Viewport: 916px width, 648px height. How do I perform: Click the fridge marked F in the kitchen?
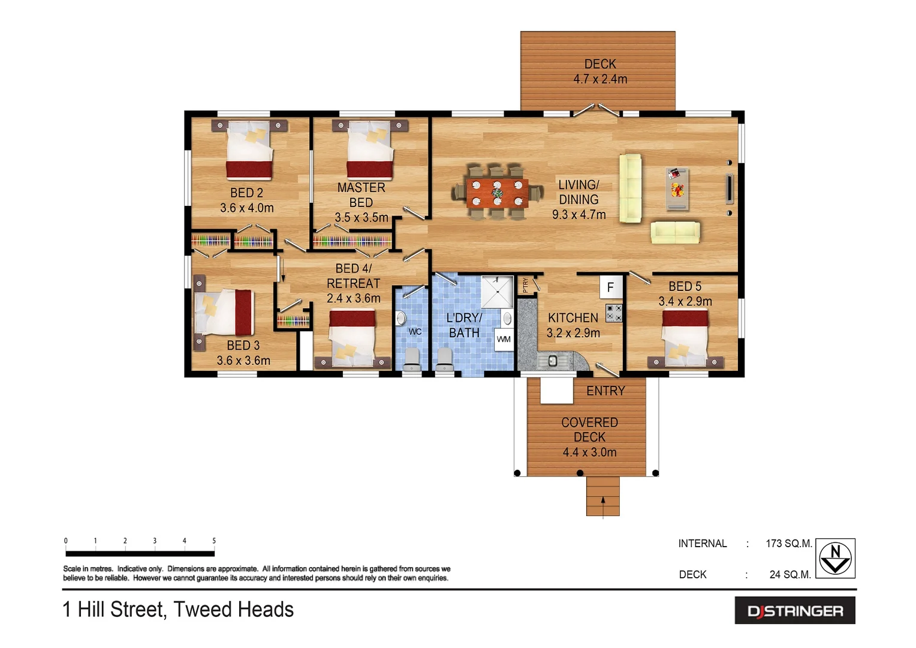(610, 287)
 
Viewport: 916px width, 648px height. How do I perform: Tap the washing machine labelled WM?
(504, 339)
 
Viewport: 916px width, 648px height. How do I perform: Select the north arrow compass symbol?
(835, 558)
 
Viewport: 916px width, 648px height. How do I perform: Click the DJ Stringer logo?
(795, 611)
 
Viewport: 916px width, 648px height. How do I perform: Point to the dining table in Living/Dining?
(497, 193)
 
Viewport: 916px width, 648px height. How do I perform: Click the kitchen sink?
(552, 361)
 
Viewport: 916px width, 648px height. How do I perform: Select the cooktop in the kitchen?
(613, 313)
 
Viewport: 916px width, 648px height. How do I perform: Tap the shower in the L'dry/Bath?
(498, 292)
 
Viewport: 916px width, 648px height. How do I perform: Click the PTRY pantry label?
(526, 285)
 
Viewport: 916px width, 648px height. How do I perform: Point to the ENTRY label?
(605, 391)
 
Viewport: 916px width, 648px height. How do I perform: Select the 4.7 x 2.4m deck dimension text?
(600, 79)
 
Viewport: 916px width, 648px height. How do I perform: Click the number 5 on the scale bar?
(214, 541)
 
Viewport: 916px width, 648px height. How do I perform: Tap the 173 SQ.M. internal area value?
(788, 544)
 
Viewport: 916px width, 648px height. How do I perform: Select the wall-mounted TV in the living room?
(730, 188)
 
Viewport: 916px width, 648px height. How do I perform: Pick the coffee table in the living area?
(677, 189)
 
